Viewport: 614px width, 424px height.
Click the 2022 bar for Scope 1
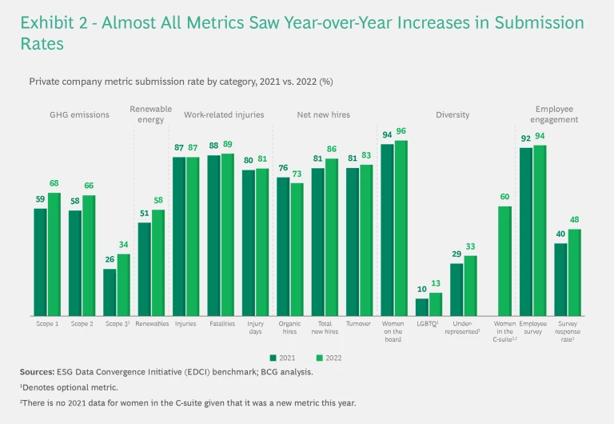coord(54,254)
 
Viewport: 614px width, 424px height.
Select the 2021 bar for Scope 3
coord(110,292)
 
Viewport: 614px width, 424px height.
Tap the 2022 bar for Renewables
coord(158,262)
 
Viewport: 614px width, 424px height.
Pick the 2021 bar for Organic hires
coord(283,246)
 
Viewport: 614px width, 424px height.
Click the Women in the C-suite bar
coord(505,261)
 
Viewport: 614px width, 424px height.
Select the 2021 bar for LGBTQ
coord(422,307)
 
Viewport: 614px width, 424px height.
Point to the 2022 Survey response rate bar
coord(574,272)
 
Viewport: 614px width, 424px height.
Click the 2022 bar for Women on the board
coord(401,228)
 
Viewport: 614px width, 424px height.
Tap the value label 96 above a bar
coord(401,132)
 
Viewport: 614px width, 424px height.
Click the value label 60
coord(505,198)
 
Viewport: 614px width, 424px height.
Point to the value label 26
coord(110,260)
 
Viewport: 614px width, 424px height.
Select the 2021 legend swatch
coord(273,358)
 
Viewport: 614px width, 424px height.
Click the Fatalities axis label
coord(221,324)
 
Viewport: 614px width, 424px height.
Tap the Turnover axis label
coord(360,324)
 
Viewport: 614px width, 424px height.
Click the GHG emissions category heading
coord(79,114)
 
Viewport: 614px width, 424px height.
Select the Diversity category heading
coord(453,114)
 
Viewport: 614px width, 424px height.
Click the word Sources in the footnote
coord(38,372)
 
